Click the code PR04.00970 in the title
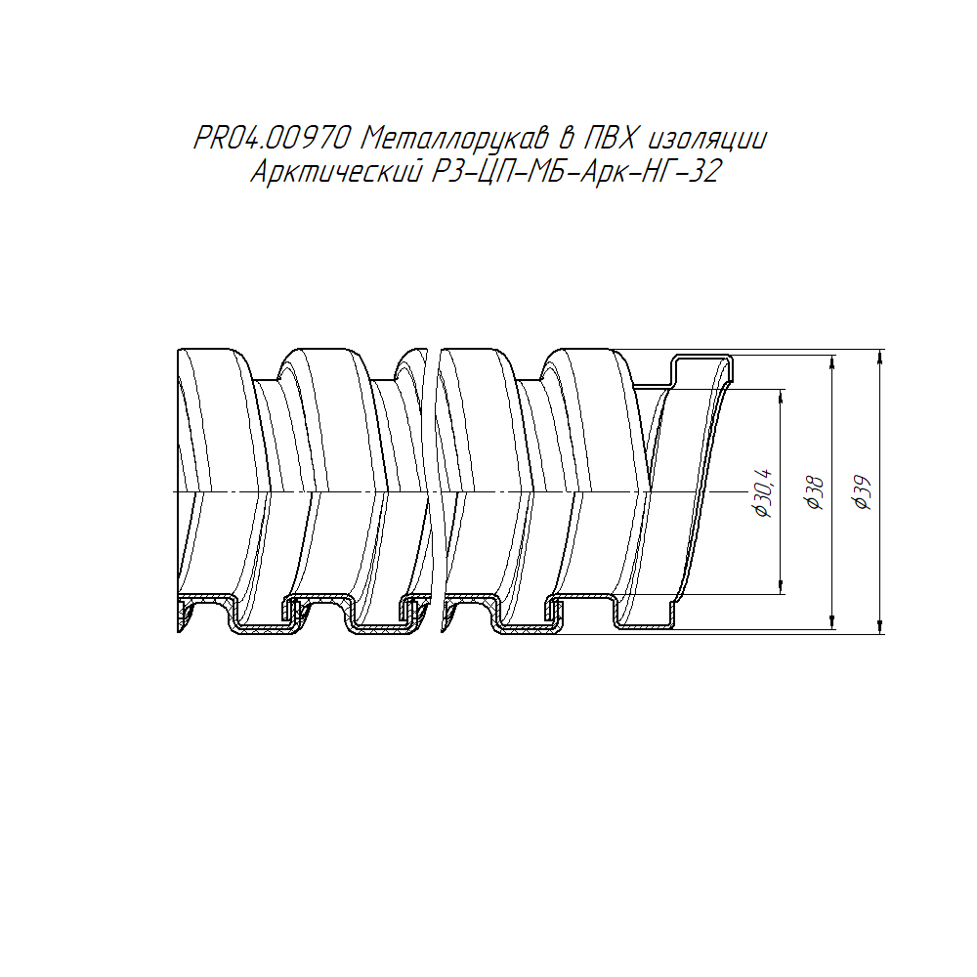coord(272,139)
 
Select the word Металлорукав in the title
coord(453,139)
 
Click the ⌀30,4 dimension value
coord(764,492)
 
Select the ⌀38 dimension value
coord(815,492)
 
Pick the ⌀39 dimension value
coord(864,492)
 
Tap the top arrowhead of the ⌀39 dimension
coord(879,357)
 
